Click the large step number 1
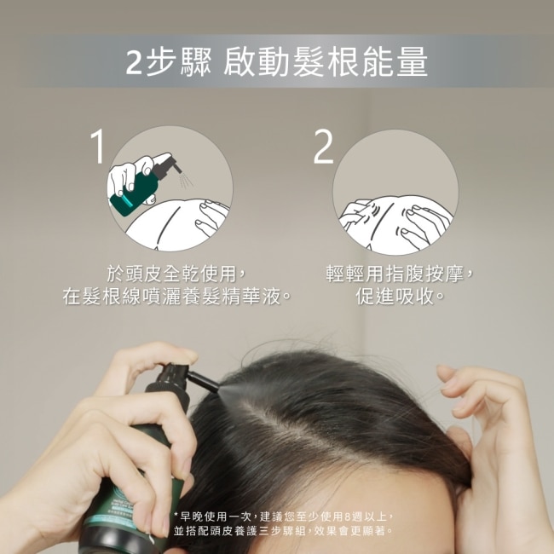click(98, 146)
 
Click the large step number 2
click(323, 147)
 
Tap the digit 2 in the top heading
click(135, 62)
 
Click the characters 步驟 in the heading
click(179, 62)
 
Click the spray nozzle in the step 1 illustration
click(169, 165)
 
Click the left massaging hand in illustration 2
click(358, 215)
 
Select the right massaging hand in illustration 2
click(424, 222)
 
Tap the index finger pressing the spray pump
click(155, 357)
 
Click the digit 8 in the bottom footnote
click(347, 516)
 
